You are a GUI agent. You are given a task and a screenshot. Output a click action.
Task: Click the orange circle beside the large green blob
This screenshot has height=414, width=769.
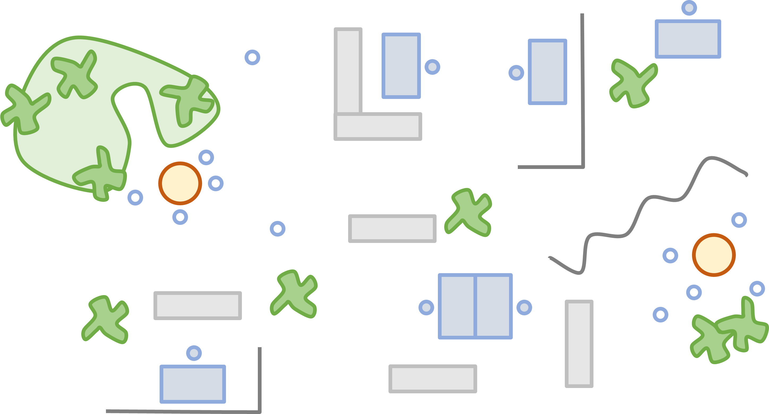point(180,183)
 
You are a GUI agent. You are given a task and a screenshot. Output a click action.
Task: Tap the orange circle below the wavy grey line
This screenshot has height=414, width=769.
point(714,255)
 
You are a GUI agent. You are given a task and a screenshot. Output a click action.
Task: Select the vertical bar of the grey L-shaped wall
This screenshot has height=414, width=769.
point(348,70)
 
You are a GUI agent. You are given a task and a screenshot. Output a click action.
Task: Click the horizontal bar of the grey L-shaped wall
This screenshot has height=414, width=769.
point(378,127)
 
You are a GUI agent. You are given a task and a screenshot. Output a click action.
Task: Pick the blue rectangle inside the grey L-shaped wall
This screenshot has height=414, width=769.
point(401,66)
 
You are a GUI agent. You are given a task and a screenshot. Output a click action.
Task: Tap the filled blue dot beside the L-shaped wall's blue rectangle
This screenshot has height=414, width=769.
point(432,67)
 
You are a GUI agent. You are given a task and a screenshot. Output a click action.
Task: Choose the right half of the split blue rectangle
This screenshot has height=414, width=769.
point(493,306)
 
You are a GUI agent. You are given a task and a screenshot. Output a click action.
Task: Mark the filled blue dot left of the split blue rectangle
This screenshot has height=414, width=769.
point(426,307)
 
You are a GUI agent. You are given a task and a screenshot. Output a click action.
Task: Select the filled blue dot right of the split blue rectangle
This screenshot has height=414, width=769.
point(524,307)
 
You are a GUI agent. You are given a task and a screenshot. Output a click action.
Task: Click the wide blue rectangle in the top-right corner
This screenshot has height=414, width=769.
point(688,39)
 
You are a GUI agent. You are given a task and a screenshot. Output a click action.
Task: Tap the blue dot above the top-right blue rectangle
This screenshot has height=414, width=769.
point(689,8)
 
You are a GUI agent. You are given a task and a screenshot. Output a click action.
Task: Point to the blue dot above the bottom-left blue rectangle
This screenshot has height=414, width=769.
point(194,353)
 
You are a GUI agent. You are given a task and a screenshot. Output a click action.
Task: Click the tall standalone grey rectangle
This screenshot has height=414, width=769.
point(579,344)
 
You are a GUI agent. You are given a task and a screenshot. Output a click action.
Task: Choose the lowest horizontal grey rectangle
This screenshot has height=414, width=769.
point(433,378)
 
